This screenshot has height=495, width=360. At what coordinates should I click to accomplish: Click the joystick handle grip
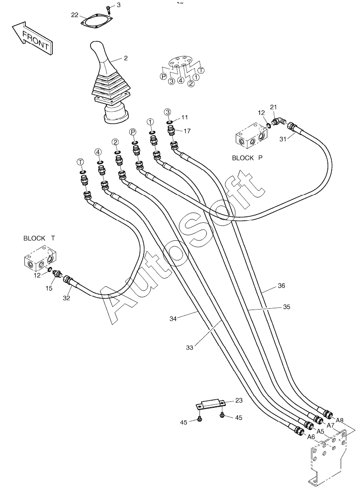[x=101, y=58]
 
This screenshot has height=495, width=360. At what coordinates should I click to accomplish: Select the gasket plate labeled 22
[x=96, y=21]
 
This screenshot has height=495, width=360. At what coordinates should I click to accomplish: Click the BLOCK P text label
[x=247, y=158]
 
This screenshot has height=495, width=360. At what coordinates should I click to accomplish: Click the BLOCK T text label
[x=39, y=238]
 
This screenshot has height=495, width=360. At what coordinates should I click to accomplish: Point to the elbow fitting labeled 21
[x=279, y=121]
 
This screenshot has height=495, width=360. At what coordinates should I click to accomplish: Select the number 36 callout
[x=281, y=285]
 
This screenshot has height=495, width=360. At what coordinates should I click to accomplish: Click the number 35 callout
[x=287, y=307]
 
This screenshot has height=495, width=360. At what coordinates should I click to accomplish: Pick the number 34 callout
[x=173, y=319]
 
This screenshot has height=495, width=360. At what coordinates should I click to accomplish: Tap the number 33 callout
[x=189, y=348]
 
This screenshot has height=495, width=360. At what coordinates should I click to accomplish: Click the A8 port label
[x=339, y=420]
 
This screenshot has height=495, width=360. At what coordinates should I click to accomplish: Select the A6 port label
[x=311, y=437]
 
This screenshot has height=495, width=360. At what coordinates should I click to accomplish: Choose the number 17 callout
[x=187, y=131]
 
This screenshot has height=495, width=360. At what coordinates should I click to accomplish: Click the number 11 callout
[x=185, y=118]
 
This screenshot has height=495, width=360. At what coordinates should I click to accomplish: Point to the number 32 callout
[x=66, y=298]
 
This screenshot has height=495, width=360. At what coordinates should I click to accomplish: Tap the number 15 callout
[x=48, y=288]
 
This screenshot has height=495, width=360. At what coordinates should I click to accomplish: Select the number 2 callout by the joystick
[x=126, y=58]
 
